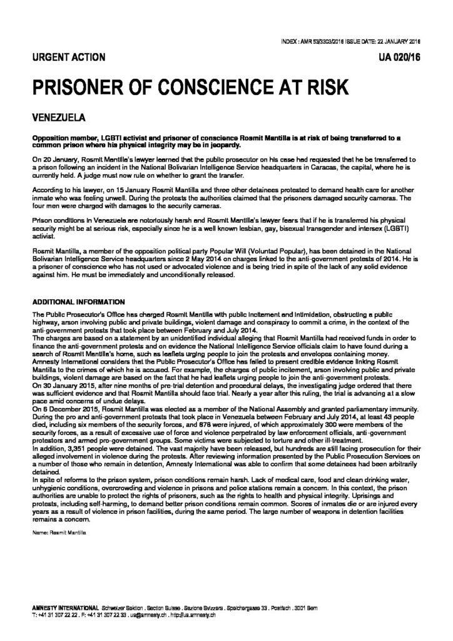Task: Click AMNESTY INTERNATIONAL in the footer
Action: pyautogui.click(x=63, y=608)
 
